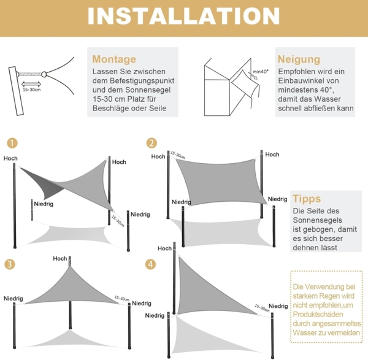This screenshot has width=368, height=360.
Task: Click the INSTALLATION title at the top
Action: click(x=184, y=16)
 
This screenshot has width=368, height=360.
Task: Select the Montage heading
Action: click(x=114, y=59)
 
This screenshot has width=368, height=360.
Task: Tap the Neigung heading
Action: click(x=299, y=59)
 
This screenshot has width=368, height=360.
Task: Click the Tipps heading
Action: click(x=307, y=199)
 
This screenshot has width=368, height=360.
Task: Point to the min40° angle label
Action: click(x=261, y=72)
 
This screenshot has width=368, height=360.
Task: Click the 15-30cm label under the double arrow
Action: click(x=32, y=90)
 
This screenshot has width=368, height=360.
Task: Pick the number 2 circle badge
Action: click(x=151, y=143)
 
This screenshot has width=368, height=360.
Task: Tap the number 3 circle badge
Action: click(x=9, y=264)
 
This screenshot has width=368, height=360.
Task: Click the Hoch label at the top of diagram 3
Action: click(x=60, y=259)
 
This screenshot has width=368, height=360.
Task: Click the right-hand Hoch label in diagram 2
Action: click(x=272, y=155)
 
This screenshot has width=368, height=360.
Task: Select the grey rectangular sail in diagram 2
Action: click(x=218, y=182)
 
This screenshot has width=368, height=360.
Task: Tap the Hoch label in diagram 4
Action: click(x=164, y=248)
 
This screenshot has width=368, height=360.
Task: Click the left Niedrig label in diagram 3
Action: click(x=13, y=299)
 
